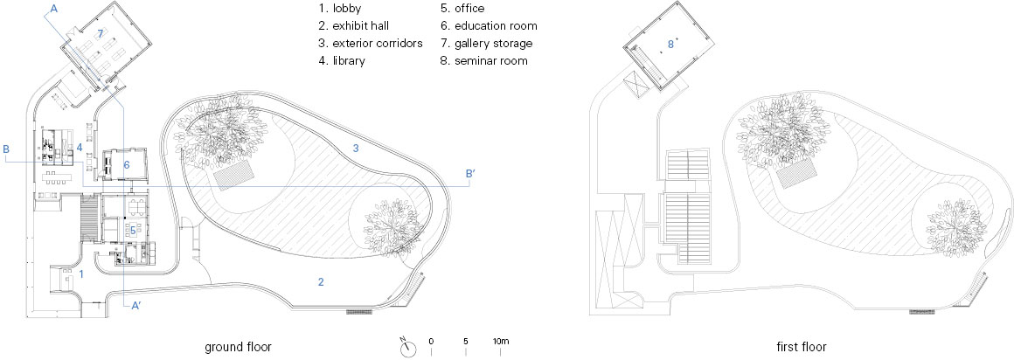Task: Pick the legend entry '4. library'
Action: (x=342, y=60)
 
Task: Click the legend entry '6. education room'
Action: (x=490, y=26)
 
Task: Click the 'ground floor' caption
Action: (x=238, y=346)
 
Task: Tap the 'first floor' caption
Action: (x=802, y=346)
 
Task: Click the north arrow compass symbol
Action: (x=407, y=347)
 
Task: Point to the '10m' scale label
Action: (x=501, y=341)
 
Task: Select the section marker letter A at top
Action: (x=54, y=7)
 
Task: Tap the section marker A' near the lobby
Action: (x=135, y=306)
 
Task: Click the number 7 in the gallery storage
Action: (x=101, y=33)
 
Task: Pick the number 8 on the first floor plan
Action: (x=671, y=42)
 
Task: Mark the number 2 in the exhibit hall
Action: (x=321, y=281)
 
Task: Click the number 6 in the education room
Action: (x=126, y=164)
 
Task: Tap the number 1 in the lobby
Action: (x=81, y=273)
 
